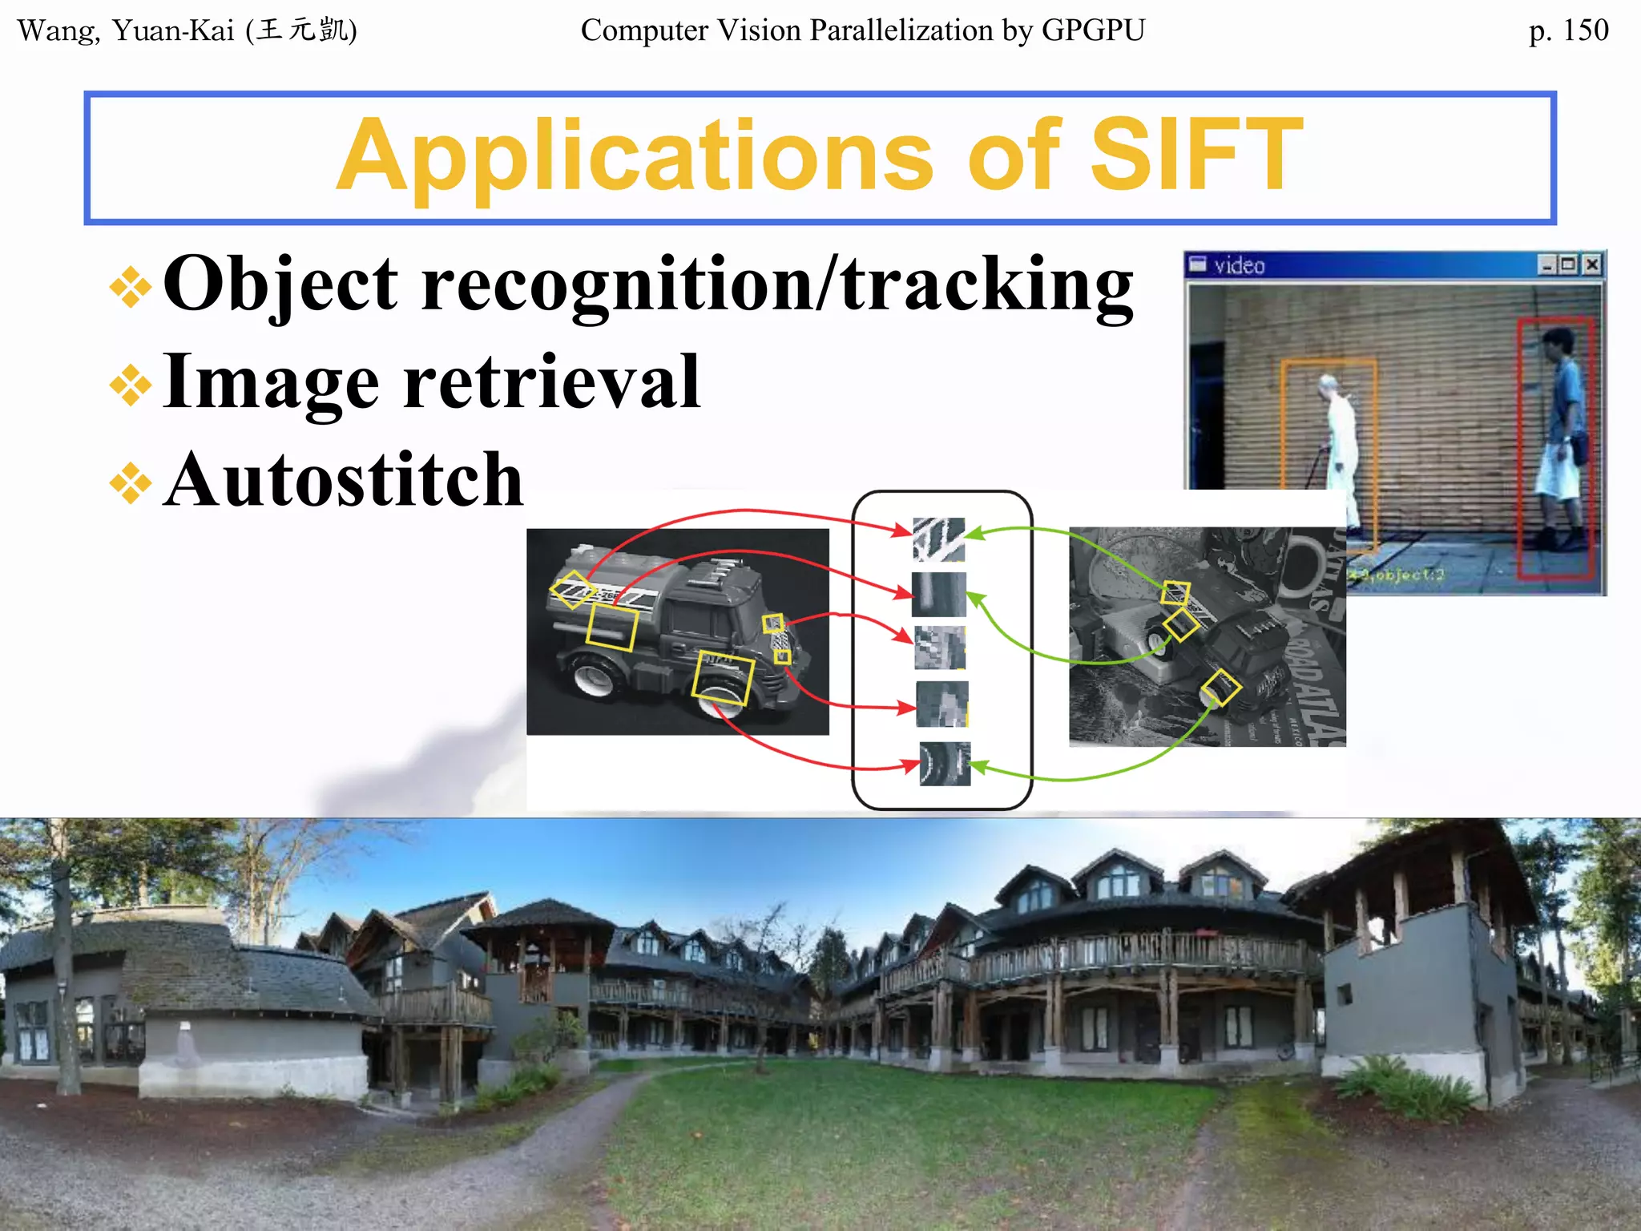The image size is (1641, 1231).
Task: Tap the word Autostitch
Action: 344,480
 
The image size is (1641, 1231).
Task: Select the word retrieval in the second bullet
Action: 552,382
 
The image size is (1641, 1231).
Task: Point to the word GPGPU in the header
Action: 1093,30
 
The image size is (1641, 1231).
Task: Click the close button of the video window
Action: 1592,264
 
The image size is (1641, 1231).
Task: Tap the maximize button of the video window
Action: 1569,264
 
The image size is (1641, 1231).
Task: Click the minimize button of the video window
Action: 1548,264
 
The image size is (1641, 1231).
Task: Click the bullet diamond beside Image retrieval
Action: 131,385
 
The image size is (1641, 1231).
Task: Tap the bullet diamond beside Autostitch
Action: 131,483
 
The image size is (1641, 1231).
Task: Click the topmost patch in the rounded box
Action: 938,539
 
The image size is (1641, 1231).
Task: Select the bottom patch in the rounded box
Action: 945,764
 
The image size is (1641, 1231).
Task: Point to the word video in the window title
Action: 1239,266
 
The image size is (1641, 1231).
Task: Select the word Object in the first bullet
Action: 280,285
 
